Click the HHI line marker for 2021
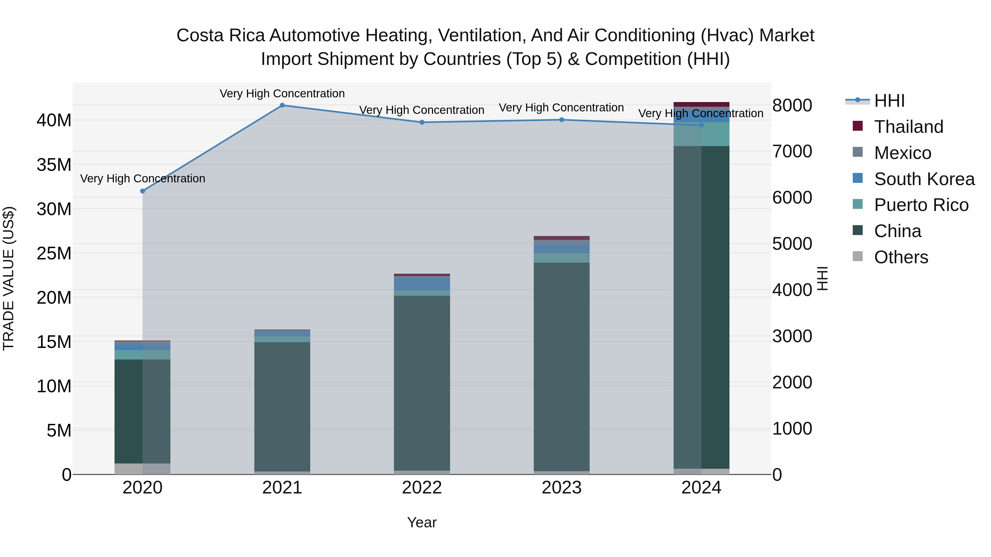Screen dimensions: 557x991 pyautogui.click(x=282, y=105)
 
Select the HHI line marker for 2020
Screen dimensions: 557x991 pyautogui.click(x=143, y=191)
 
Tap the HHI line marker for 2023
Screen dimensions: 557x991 pyautogui.click(x=561, y=120)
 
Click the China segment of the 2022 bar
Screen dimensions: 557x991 pyautogui.click(x=422, y=383)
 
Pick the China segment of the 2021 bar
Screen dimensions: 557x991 pyautogui.click(x=282, y=406)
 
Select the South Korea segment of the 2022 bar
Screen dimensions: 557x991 pyautogui.click(x=422, y=284)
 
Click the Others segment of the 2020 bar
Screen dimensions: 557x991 pyautogui.click(x=142, y=469)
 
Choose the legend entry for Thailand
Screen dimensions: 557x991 pyautogui.click(x=908, y=127)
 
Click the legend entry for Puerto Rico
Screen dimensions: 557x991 pyautogui.click(x=921, y=205)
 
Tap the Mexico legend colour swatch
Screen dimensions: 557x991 pyautogui.click(x=857, y=152)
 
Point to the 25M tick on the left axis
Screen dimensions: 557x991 pyautogui.click(x=54, y=253)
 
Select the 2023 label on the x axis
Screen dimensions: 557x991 pyautogui.click(x=561, y=488)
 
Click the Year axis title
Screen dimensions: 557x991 pyautogui.click(x=422, y=522)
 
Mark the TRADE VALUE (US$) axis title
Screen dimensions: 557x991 pyautogui.click(x=9, y=278)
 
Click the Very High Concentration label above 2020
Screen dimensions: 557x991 pyautogui.click(x=143, y=178)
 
